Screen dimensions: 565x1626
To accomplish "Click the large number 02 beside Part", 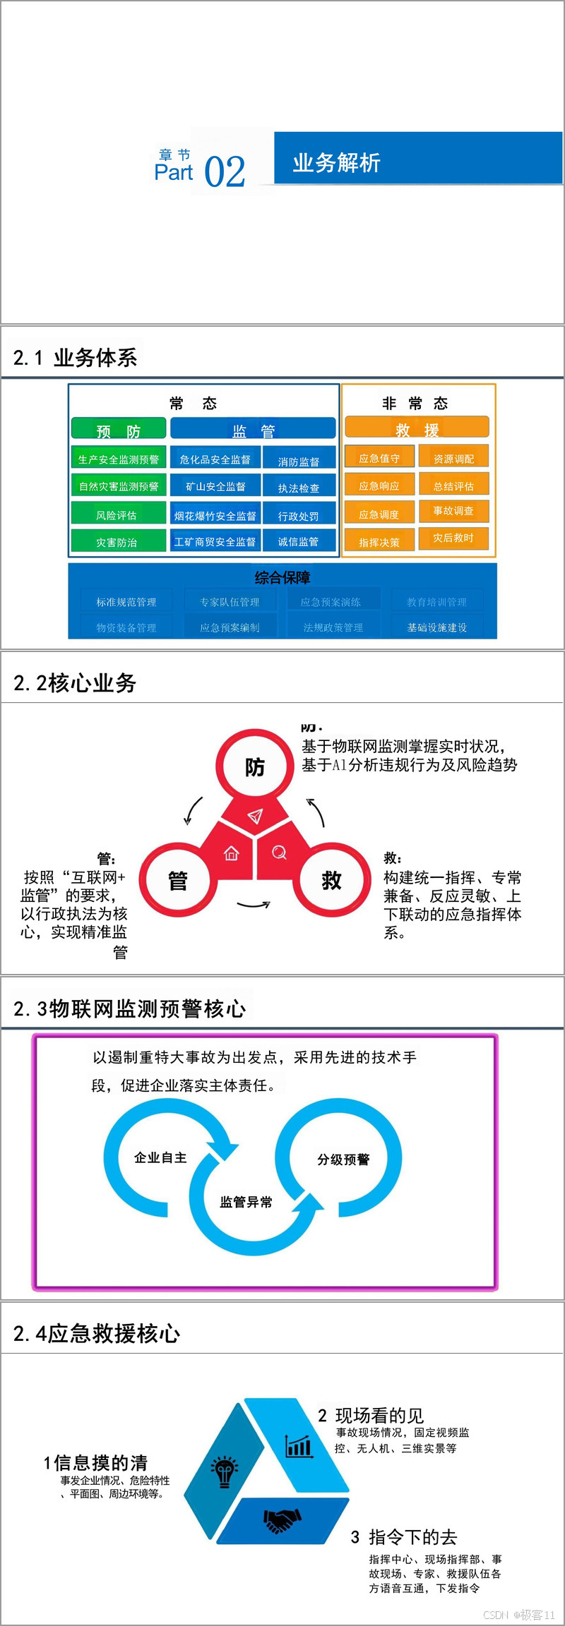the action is pyautogui.click(x=225, y=172).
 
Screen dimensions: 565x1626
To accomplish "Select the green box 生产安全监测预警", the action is pyautogui.click(x=118, y=459).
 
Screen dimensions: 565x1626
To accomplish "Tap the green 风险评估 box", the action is pyautogui.click(x=118, y=515).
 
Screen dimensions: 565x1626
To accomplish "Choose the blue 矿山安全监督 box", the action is pyautogui.click(x=215, y=487).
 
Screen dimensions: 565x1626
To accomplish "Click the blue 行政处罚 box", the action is pyautogui.click(x=298, y=516).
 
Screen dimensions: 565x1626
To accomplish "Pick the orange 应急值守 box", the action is pyautogui.click(x=379, y=459).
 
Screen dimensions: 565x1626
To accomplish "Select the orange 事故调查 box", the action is pyautogui.click(x=453, y=511).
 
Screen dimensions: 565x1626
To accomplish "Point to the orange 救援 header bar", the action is pyautogui.click(x=417, y=428).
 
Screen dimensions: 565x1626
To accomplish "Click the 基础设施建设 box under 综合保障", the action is pyautogui.click(x=436, y=627).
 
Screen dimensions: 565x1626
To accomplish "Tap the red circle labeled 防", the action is pyautogui.click(x=254, y=766).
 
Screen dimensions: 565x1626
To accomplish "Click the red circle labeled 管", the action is pyautogui.click(x=177, y=880).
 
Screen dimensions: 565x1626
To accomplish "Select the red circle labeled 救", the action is pyautogui.click(x=332, y=880).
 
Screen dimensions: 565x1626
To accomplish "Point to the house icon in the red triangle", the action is pyautogui.click(x=231, y=854).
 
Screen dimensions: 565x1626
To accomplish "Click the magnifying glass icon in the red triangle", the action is pyautogui.click(x=280, y=853).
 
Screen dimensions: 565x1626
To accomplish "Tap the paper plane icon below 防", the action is pyautogui.click(x=255, y=817).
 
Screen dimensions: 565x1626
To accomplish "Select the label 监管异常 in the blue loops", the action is pyautogui.click(x=246, y=1202).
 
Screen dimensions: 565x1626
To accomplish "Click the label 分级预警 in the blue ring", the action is pyautogui.click(x=343, y=1160).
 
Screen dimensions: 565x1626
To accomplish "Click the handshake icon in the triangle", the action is pyautogui.click(x=282, y=1521).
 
